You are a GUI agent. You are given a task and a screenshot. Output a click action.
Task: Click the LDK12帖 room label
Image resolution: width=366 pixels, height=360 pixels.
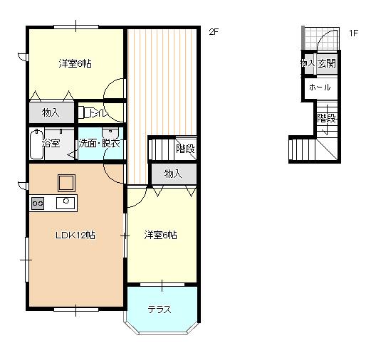[75, 235]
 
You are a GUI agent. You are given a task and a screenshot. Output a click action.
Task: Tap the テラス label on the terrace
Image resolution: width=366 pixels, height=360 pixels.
[160, 309]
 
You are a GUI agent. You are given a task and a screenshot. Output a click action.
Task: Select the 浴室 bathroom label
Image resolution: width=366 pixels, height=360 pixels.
[51, 143]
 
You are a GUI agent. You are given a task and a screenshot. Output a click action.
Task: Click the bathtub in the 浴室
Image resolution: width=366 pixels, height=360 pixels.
[37, 144]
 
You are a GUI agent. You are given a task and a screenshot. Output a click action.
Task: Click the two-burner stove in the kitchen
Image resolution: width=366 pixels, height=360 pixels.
[38, 203]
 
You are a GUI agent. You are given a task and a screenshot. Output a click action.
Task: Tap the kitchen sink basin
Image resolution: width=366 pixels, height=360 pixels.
[66, 203]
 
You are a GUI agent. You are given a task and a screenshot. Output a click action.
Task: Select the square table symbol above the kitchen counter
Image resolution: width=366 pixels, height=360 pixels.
[66, 183]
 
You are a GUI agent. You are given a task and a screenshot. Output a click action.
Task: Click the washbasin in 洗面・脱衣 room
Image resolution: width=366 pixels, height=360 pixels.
[110, 132]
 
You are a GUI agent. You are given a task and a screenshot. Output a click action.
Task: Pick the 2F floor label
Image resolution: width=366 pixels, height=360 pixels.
[214, 32]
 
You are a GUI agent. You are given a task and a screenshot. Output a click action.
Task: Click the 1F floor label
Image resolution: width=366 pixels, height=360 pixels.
[353, 33]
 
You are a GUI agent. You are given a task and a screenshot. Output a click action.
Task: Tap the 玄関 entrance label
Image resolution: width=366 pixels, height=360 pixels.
[327, 63]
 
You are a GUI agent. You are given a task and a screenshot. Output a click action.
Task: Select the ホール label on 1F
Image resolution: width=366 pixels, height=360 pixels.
[320, 88]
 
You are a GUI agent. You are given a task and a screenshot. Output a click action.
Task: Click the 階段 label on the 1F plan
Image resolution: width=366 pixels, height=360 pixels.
[327, 118]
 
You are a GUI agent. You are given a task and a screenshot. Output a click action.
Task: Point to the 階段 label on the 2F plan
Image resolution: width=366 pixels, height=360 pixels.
[185, 149]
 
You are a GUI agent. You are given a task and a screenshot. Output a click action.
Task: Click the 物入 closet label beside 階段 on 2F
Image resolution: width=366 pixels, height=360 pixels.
[173, 174]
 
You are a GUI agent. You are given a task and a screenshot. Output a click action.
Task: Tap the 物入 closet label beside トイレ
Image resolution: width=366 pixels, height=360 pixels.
[51, 112]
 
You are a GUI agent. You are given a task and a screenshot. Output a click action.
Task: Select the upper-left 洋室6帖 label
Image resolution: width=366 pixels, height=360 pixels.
[75, 63]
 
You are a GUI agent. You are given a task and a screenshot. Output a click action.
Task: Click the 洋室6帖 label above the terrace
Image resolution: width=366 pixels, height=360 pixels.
[160, 235]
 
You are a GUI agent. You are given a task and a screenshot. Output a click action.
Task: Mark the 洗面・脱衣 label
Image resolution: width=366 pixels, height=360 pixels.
[99, 143]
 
